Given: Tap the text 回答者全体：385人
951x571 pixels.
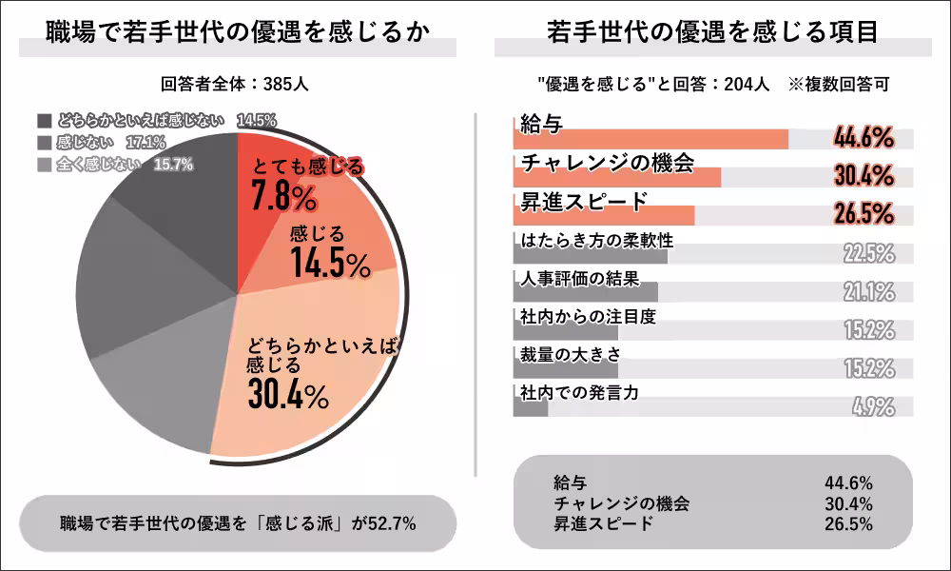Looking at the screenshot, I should click(236, 84).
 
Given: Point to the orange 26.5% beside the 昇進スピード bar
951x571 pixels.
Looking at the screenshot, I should click(864, 213).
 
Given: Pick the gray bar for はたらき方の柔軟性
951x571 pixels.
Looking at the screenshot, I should click(590, 255).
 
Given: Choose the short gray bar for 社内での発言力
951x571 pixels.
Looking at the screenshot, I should click(530, 406).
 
